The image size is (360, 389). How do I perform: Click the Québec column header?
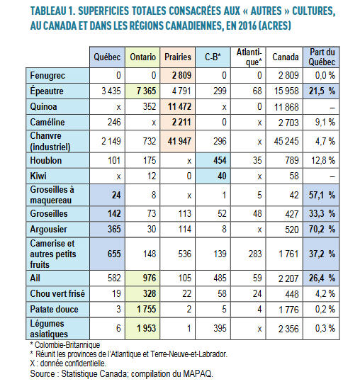tap(107, 57)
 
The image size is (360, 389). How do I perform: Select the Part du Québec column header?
tap(322, 57)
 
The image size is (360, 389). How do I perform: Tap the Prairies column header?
tap(178, 57)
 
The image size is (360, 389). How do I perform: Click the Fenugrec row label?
tap(47, 75)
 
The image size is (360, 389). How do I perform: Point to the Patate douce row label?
tap(54, 310)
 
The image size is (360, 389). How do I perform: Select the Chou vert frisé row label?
tap(57, 294)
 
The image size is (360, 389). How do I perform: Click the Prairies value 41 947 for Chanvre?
tap(179, 142)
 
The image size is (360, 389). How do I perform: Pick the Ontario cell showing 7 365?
tap(146, 91)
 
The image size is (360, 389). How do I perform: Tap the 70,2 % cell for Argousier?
tap(322, 230)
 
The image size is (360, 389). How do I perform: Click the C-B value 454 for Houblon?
tap(220, 161)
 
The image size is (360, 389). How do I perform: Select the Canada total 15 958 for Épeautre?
tap(286, 91)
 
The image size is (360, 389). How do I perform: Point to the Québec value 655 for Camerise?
tap(114, 254)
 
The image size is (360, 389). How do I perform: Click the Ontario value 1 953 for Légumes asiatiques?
tap(147, 329)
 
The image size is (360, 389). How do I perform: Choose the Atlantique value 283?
tap(255, 254)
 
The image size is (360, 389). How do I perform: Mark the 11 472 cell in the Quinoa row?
tap(179, 107)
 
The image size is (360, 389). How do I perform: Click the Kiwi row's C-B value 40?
tap(222, 176)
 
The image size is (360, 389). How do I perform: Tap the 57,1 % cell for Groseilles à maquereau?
tap(322, 196)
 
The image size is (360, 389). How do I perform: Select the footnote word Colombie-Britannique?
tap(67, 345)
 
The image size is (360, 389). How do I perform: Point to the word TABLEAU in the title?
tap(48, 11)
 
